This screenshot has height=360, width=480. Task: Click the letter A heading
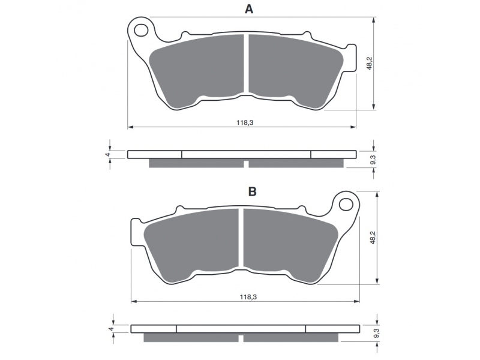(x=249, y=10)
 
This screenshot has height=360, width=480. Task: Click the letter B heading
(x=252, y=191)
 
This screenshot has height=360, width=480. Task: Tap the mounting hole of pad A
(x=141, y=30)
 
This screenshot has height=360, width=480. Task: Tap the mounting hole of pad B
(x=346, y=204)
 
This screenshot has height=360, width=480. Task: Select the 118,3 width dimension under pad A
(x=245, y=123)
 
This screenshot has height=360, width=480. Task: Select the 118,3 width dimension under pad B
(x=248, y=297)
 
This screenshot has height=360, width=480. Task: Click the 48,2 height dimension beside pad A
(x=370, y=63)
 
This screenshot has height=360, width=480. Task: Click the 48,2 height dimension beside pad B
(x=373, y=237)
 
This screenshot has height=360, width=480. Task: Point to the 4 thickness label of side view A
(x=107, y=155)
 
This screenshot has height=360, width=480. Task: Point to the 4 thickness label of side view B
(x=111, y=329)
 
